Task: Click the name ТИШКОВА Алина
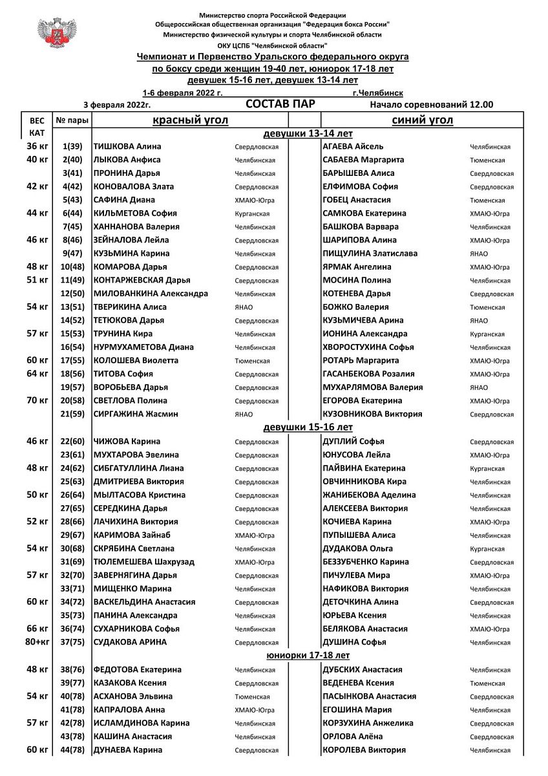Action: click(127, 147)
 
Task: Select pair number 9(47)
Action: click(72, 253)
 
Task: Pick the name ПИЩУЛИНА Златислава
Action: click(370, 253)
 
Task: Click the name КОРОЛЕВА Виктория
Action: click(364, 750)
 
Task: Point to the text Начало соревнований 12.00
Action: click(431, 105)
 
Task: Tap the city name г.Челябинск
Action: click(378, 93)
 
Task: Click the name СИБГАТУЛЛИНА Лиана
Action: click(138, 468)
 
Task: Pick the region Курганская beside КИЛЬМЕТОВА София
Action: click(253, 214)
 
